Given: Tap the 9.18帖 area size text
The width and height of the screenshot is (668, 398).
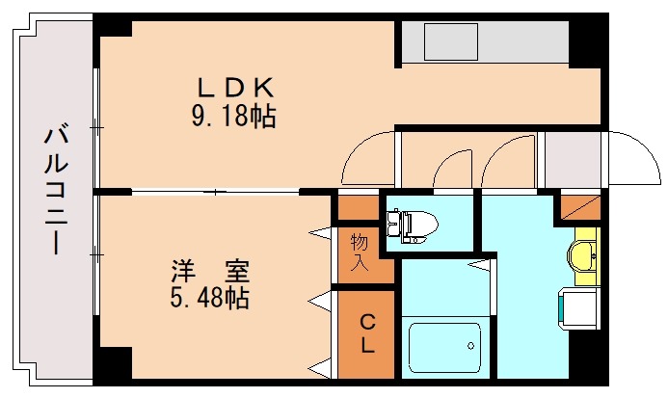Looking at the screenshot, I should click(x=234, y=118).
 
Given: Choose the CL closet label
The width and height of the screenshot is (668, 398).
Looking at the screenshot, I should click(x=366, y=334).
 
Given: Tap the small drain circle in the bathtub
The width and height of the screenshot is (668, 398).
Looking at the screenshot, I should click(x=469, y=344).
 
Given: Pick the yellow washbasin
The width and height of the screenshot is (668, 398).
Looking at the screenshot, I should click(x=584, y=255).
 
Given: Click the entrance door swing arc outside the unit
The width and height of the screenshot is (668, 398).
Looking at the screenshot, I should click(x=631, y=159).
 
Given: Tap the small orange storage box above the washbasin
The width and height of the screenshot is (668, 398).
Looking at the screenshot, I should click(x=578, y=206).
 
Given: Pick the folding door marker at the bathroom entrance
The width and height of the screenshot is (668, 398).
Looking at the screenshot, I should click(x=479, y=261).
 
